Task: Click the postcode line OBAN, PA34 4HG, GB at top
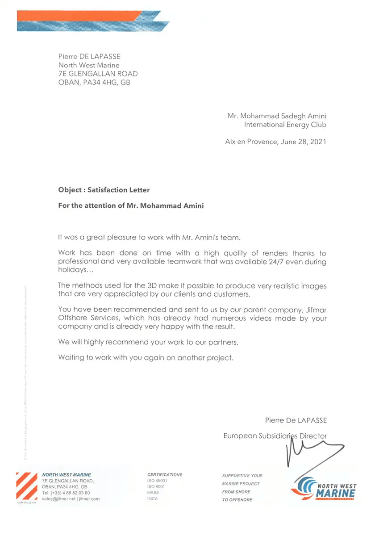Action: coord(94,82)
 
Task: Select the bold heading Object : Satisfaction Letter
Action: coord(104,190)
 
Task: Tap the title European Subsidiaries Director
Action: coord(275,435)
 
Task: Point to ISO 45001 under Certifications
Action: coord(157,481)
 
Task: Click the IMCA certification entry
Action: coord(153,499)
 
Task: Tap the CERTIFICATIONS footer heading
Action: coord(165,474)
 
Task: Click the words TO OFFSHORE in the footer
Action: coord(237,500)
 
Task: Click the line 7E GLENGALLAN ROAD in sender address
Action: coord(98,74)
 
